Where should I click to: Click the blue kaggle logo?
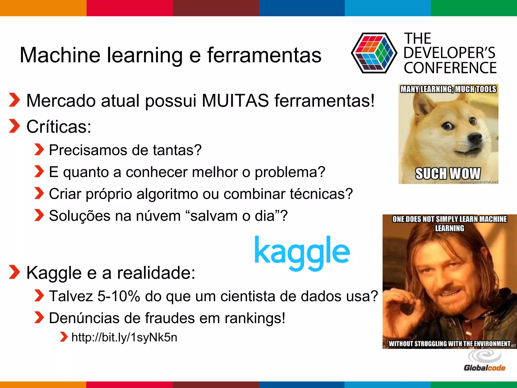(302, 253)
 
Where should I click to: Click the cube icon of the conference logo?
(374, 53)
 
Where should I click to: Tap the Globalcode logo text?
(484, 368)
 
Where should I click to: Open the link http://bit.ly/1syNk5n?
(124, 337)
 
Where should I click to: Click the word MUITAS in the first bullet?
(235, 101)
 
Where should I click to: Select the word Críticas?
(59, 127)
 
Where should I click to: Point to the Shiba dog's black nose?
(475, 138)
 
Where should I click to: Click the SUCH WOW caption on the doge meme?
(448, 174)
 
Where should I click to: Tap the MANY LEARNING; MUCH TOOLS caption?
(448, 89)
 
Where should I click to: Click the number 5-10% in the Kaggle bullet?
(119, 296)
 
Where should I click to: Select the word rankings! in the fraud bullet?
(255, 318)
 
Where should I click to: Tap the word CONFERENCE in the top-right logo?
(450, 68)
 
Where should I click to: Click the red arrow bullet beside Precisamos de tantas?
(39, 150)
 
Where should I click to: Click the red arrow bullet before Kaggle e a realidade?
(14, 272)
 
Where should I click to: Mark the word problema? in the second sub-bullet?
(290, 172)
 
